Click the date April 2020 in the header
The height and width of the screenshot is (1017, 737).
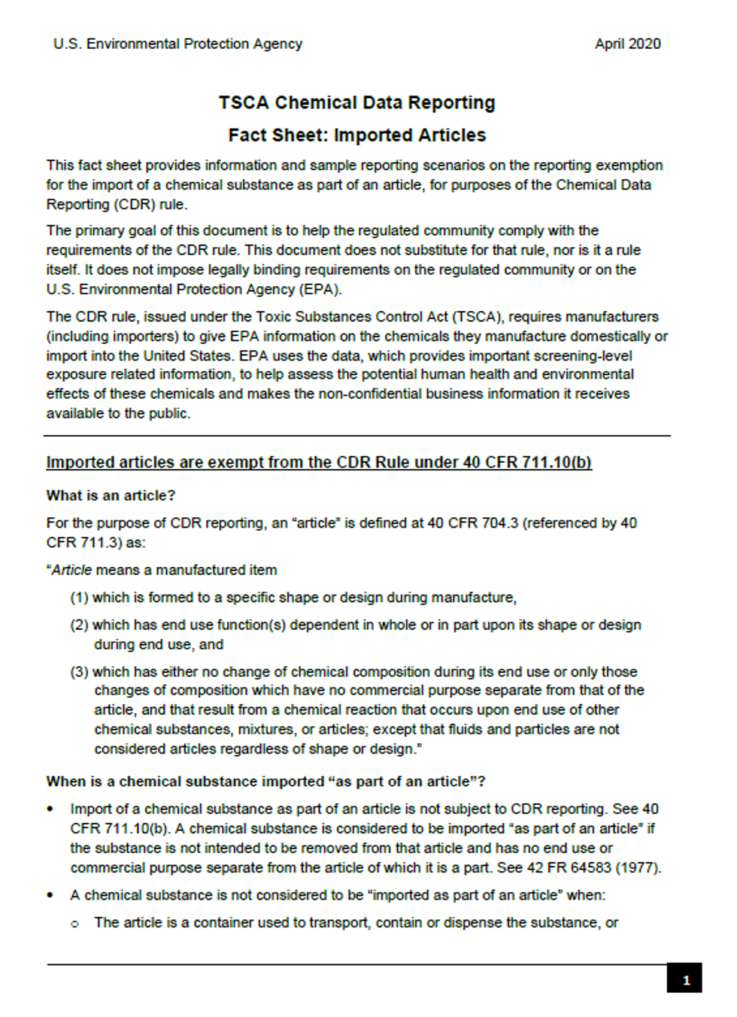coord(627,44)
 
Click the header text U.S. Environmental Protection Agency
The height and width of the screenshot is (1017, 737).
coord(177,44)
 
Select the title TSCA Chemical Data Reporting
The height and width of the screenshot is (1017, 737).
coord(356,102)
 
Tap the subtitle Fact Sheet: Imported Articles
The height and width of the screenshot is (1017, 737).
coord(356,135)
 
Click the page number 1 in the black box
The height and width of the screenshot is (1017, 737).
coord(684,979)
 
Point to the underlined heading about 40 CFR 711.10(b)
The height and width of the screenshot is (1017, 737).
coord(319,462)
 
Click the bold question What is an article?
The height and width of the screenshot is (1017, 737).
coord(111,495)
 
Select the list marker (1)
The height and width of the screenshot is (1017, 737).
coord(80,598)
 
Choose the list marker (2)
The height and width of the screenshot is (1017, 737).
coord(80,625)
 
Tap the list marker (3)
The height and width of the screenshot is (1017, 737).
coord(80,671)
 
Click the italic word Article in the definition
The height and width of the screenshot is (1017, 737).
coord(71,570)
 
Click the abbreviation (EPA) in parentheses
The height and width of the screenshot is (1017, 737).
coord(319,289)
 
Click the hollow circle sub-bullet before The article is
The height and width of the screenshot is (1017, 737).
coord(75,924)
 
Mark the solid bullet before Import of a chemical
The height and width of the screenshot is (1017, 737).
coord(50,809)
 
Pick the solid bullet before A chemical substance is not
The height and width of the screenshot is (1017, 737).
coord(50,895)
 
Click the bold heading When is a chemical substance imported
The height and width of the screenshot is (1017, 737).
coord(265,781)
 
